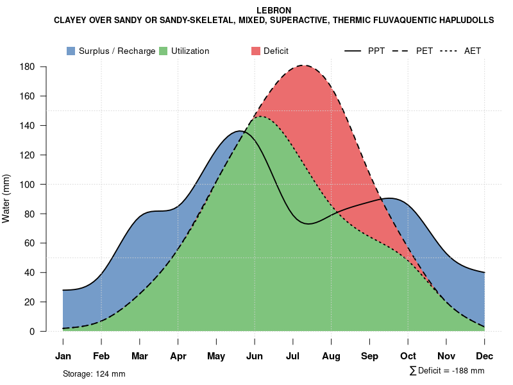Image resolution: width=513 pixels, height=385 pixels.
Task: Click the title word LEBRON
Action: tap(273, 11)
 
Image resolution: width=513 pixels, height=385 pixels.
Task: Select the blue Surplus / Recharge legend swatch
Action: tap(71, 51)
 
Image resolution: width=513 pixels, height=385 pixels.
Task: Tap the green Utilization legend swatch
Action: tap(164, 51)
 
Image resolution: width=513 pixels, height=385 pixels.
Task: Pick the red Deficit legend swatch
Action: tap(256, 51)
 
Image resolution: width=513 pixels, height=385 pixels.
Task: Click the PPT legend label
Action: tap(376, 51)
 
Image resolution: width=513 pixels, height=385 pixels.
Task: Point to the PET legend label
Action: tap(425, 51)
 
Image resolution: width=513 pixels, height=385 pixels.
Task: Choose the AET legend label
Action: tap(473, 51)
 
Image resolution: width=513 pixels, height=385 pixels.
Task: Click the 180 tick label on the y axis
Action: tap(28, 67)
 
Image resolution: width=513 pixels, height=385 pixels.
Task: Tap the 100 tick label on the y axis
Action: tap(28, 185)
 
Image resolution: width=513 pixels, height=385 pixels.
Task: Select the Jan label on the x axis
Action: tap(63, 356)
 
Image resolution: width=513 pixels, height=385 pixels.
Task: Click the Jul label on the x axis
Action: tap(292, 356)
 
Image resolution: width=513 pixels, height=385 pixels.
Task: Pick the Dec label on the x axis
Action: tap(485, 356)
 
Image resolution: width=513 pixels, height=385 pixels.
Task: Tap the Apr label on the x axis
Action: tap(178, 356)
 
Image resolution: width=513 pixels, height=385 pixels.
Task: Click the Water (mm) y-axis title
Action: tap(6, 198)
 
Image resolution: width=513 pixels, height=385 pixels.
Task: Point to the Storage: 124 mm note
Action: tap(94, 373)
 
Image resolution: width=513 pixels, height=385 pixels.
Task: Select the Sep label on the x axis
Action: tap(369, 356)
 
